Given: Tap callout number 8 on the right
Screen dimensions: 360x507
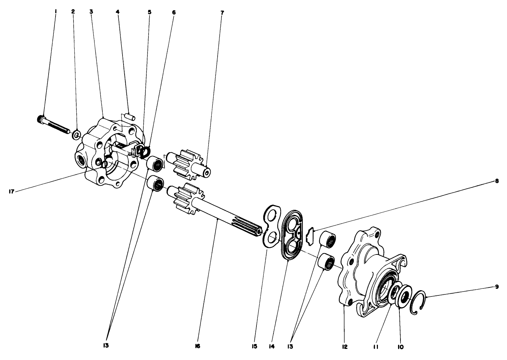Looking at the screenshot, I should click(497, 181).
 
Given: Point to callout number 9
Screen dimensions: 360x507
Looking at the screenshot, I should click(497, 287).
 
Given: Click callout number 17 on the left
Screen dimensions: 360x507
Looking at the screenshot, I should click(12, 191).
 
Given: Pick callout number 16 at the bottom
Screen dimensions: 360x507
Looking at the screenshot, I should click(197, 346).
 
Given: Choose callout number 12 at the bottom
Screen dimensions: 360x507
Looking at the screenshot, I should click(344, 346).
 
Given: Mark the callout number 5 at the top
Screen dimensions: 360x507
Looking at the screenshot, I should click(150, 12).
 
